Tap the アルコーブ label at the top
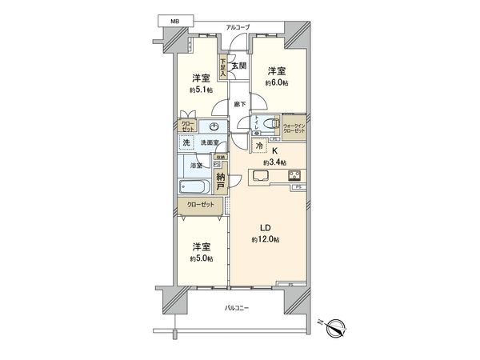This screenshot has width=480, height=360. [238, 28]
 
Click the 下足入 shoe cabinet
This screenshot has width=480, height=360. [223, 65]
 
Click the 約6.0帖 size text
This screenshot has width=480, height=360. [277, 82]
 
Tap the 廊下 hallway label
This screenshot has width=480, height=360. [239, 104]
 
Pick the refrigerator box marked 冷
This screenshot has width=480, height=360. [260, 146]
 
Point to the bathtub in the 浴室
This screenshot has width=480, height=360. [194, 188]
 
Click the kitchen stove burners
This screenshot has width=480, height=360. [293, 177]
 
